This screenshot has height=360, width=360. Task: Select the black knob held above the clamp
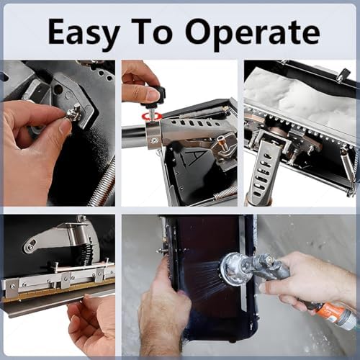pos(153,94)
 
